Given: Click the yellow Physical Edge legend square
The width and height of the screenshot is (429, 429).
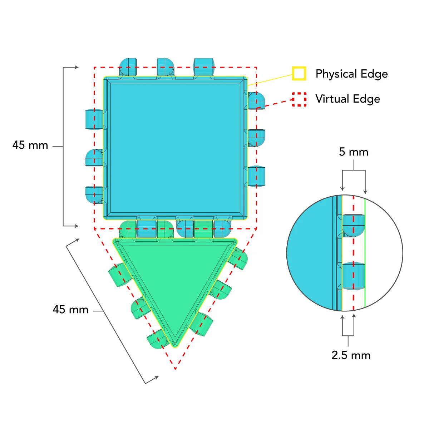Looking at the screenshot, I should (299, 73).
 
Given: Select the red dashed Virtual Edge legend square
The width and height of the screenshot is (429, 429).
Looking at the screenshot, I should (299, 99).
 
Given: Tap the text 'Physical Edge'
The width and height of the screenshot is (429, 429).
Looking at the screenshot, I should (351, 74).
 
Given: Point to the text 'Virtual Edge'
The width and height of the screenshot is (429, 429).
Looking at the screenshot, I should (347, 99).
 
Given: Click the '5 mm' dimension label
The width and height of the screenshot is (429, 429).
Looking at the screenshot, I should (354, 152).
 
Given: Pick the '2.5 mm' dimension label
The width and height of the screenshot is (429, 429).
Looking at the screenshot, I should (351, 355).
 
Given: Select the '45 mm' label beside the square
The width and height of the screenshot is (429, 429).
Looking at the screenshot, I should (30, 145).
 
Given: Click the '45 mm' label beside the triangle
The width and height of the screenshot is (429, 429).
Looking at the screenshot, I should (70, 309).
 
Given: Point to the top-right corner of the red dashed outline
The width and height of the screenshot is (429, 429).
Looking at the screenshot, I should (256, 67).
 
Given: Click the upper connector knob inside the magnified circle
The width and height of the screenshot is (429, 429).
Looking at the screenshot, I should (354, 225).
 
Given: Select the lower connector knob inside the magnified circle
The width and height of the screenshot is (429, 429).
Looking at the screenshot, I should (354, 276).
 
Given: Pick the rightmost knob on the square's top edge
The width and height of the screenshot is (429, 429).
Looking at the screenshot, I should (204, 66).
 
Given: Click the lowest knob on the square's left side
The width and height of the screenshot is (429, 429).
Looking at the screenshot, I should (94, 195).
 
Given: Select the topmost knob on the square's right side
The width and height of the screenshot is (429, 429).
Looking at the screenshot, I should (256, 100).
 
